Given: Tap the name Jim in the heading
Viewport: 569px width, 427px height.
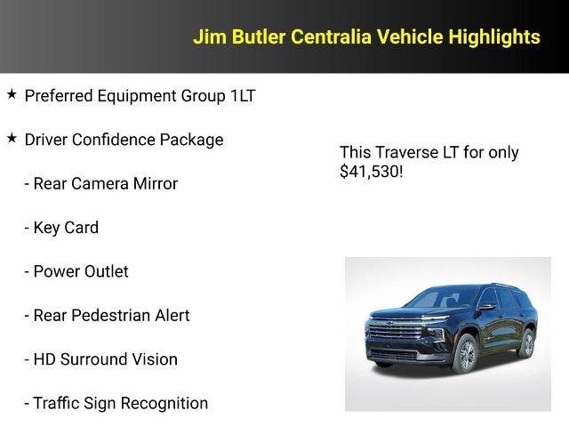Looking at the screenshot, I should point(210,36).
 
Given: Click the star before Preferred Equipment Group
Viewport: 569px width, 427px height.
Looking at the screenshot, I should point(12,94).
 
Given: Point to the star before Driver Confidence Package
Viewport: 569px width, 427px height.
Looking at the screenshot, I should point(12,139).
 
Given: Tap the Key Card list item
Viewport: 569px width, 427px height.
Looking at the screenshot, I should point(61,228).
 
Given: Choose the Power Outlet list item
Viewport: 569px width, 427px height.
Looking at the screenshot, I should point(76,271).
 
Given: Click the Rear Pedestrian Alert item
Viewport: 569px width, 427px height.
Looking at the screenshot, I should point(107,315).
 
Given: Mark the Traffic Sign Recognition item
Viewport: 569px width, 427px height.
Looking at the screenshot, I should point(116,403).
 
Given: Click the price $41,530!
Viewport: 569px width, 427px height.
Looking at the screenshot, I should point(372,171).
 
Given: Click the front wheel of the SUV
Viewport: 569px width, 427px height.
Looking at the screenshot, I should point(465,354).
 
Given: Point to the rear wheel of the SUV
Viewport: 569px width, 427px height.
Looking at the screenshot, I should point(527,344).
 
